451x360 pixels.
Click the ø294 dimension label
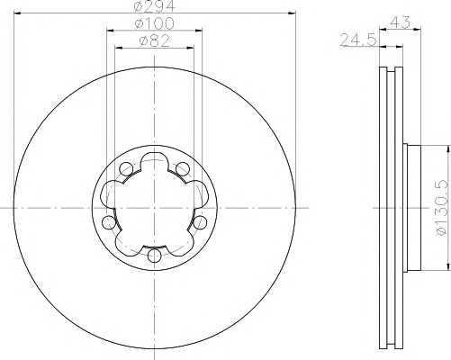pos(154,7)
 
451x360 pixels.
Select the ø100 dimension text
pos(153,22)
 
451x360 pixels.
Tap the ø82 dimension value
pos(153,40)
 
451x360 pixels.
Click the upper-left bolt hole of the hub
pos(127,168)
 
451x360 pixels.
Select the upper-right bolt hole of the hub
pos(182,168)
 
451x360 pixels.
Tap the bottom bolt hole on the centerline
pos(154,256)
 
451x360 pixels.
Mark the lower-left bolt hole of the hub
pos(110,222)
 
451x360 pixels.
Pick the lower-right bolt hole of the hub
pos(198,222)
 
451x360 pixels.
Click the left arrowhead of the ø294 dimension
pos(16,13)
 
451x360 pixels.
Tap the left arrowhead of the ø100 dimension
pos(110,28)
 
